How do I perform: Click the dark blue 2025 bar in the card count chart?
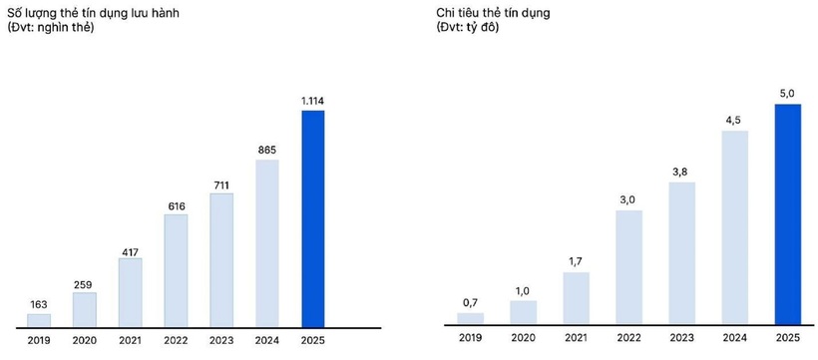pyautogui.click(x=313, y=218)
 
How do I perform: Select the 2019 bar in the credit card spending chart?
pyautogui.click(x=470, y=319)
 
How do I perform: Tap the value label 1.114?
pyautogui.click(x=313, y=100)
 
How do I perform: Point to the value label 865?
pyautogui.click(x=267, y=150)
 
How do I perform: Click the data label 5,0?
pyautogui.click(x=787, y=93)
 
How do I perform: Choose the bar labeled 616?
pyautogui.click(x=176, y=270)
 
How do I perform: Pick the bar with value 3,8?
pyautogui.click(x=681, y=254)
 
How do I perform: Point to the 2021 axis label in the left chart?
pyautogui.click(x=130, y=339)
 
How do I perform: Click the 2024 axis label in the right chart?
pyautogui.click(x=734, y=339)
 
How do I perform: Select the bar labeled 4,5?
pyautogui.click(x=734, y=228)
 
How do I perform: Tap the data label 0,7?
pyautogui.click(x=470, y=301)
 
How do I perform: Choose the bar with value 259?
pyautogui.click(x=84, y=309)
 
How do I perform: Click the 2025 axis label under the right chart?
pyautogui.click(x=787, y=339)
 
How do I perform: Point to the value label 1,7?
pyautogui.click(x=576, y=261)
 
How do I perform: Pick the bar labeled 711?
pyautogui.click(x=221, y=259)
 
